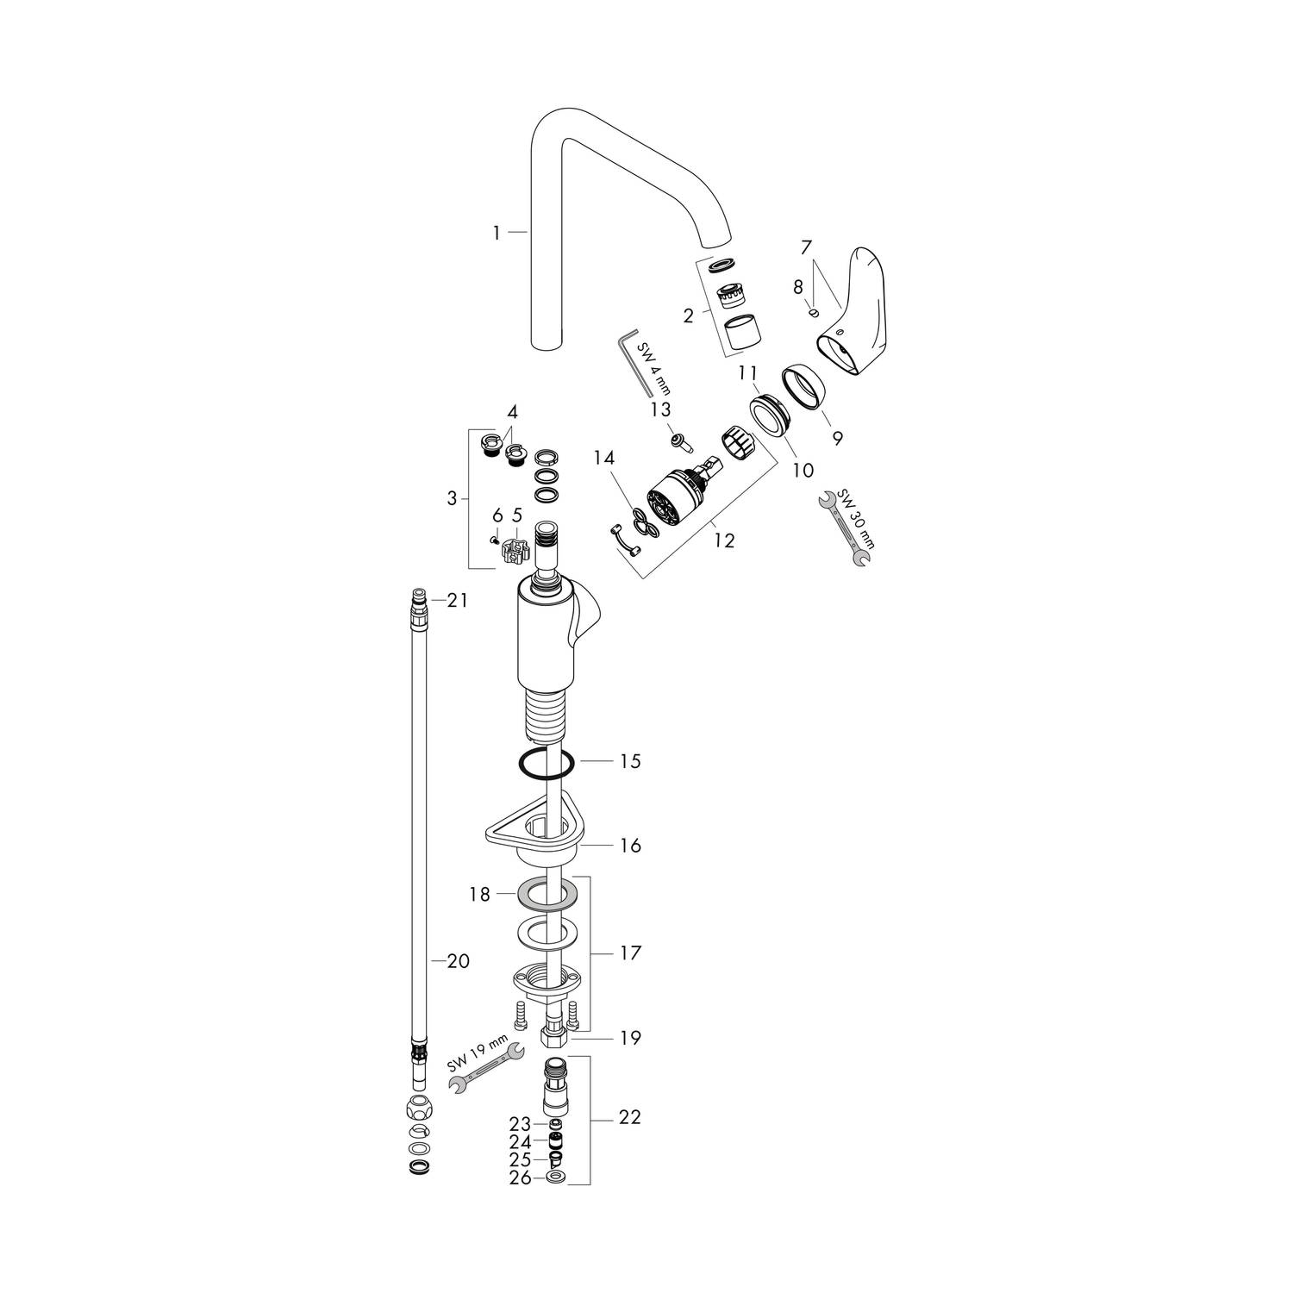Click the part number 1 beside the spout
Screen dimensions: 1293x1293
coord(497,233)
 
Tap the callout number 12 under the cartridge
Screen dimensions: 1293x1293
coord(724,540)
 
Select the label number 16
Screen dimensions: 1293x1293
coord(631,846)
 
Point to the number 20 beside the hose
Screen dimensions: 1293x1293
coord(459,959)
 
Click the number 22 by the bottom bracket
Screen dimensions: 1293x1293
coord(631,1117)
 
